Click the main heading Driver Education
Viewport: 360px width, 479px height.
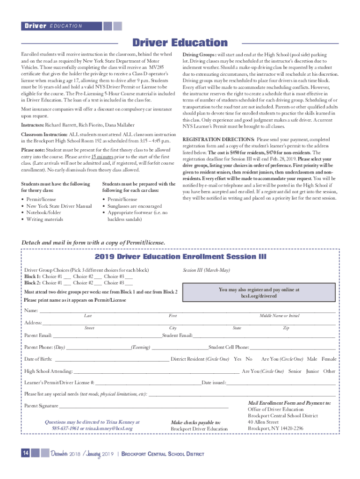(x=180, y=43)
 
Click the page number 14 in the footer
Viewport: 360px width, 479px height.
(x=25, y=452)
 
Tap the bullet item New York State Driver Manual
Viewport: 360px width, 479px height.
(x=59, y=206)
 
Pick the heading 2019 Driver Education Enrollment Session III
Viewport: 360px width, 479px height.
(x=180, y=257)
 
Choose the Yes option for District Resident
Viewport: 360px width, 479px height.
(x=238, y=359)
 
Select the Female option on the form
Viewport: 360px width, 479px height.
(x=329, y=359)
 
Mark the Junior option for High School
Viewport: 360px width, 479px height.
(x=312, y=371)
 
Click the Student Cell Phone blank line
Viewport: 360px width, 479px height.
(x=293, y=348)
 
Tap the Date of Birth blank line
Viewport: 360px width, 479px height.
(x=112, y=360)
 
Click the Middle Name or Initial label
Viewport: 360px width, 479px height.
(x=280, y=316)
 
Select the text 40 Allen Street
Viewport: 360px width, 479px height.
(x=265, y=421)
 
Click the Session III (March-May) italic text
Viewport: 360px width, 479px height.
(x=206, y=270)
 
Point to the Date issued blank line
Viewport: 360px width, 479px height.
(x=281, y=384)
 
